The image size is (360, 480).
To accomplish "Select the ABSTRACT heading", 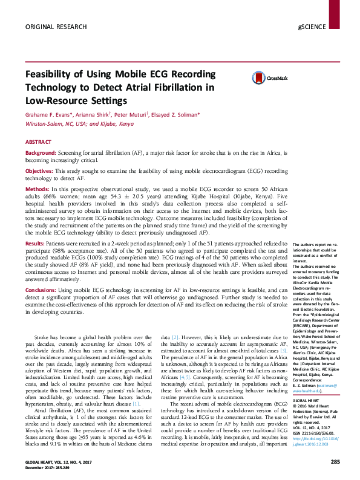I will pyautogui.click(x=38, y=141).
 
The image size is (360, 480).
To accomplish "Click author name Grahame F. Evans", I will pyautogui.click(x=50, y=115).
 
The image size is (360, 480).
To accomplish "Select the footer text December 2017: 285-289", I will pyautogui.click(x=50, y=468).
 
